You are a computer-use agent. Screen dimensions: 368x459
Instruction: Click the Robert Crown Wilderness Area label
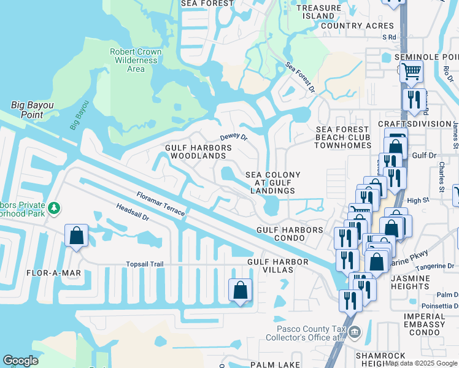click(x=136, y=60)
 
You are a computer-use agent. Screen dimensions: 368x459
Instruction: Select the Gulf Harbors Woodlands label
click(x=198, y=152)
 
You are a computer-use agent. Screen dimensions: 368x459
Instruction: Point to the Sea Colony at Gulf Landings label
click(x=273, y=183)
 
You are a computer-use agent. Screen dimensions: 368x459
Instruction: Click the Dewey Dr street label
click(x=233, y=137)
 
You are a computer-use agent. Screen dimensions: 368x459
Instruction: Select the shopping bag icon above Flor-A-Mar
click(x=76, y=236)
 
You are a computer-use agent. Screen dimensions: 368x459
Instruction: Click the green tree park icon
click(x=54, y=209)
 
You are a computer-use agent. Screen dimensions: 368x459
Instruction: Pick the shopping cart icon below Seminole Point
click(x=411, y=71)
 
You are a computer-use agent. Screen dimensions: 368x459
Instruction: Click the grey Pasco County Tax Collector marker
click(x=355, y=333)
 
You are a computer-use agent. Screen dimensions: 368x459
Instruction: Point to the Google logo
click(x=20, y=361)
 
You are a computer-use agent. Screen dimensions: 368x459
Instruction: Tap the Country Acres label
click(x=357, y=26)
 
